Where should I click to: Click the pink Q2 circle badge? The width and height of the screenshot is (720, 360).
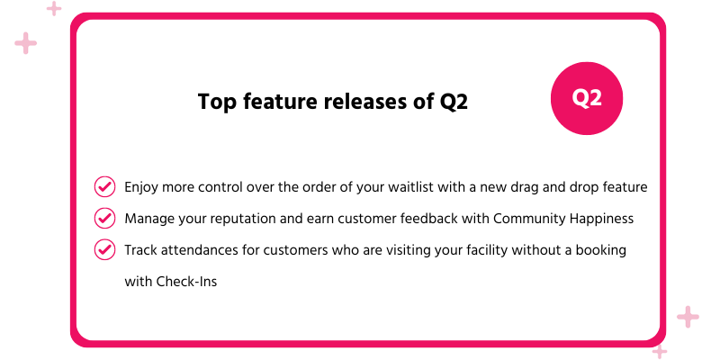(588, 99)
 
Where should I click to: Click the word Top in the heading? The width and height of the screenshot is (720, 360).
(216, 102)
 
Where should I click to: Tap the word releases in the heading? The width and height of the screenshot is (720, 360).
(365, 102)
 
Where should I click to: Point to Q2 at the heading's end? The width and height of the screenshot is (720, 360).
(454, 102)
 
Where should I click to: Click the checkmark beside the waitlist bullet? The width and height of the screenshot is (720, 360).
(104, 187)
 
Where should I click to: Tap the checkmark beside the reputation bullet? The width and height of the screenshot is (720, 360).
(104, 218)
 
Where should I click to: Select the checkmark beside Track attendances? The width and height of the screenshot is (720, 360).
(104, 249)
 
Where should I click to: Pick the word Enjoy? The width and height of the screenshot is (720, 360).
(142, 187)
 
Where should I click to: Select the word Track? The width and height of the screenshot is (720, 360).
(140, 249)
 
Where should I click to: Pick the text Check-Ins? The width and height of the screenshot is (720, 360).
(186, 281)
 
